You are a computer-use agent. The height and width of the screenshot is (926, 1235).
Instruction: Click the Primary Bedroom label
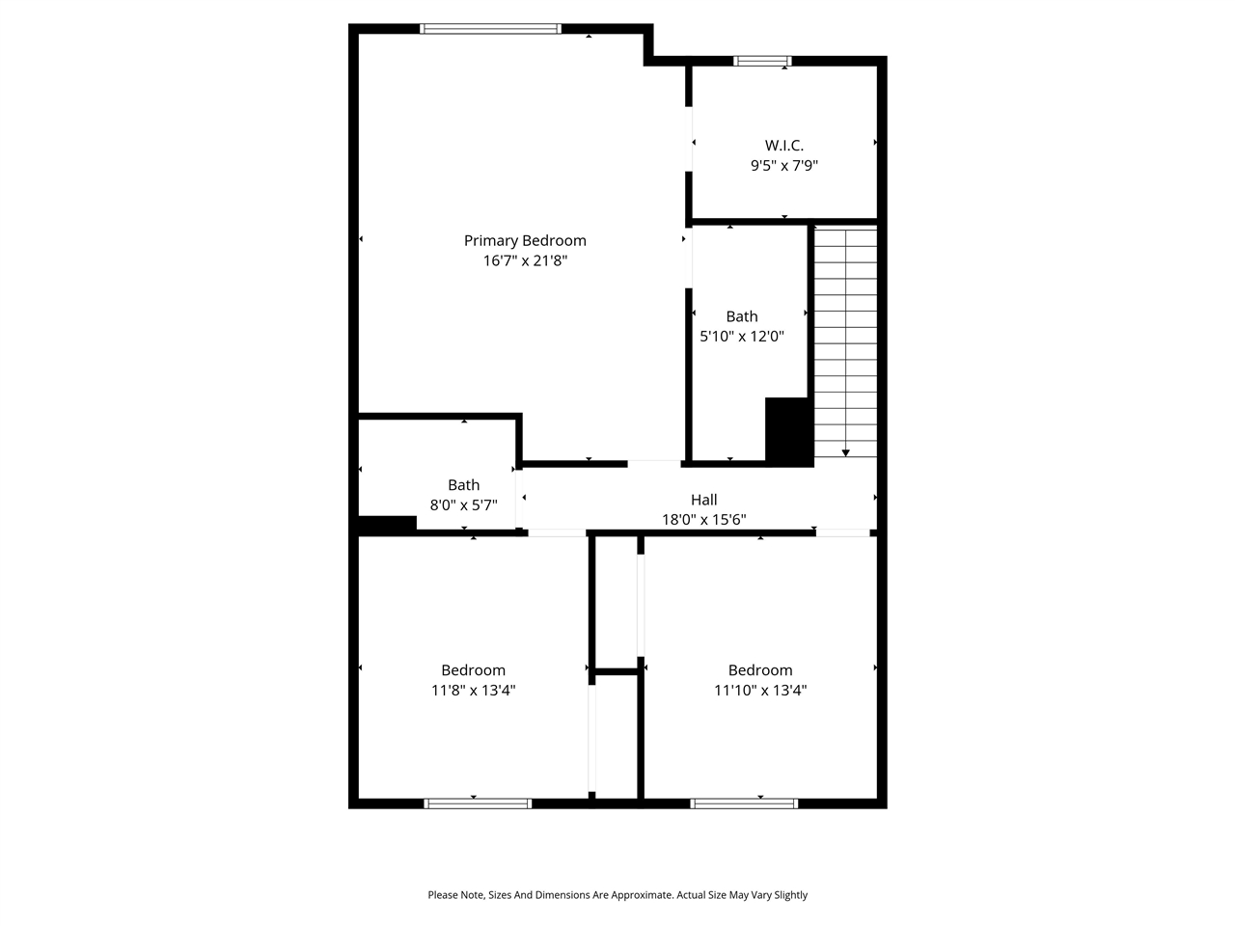point(525,240)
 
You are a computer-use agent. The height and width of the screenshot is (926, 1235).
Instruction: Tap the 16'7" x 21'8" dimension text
point(525,260)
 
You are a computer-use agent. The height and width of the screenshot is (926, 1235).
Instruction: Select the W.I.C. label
point(783,145)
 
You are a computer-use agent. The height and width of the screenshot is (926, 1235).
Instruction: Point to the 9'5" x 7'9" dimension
point(783,165)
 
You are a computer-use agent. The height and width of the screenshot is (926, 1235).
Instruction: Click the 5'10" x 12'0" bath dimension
point(741,337)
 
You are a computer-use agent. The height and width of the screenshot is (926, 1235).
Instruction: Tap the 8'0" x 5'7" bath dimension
point(463,504)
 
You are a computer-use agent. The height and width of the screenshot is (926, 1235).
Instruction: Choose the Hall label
point(703,500)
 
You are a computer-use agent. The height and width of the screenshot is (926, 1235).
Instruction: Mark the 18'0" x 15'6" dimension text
point(703,520)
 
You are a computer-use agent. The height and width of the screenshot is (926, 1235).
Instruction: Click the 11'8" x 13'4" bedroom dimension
point(473,691)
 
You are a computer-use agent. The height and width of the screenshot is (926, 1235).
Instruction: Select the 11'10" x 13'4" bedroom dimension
point(760,691)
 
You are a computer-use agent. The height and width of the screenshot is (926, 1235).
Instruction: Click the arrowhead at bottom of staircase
point(846,451)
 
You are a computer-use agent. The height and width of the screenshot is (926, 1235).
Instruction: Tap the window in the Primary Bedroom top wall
point(490,29)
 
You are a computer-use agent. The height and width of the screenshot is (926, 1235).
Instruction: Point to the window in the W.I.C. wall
point(762,61)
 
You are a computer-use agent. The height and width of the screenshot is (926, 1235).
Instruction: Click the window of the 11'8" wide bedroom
point(478,803)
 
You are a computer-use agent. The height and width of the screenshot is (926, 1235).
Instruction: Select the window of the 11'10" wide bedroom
point(744,803)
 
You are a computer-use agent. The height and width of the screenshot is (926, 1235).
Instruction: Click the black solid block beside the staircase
point(788,431)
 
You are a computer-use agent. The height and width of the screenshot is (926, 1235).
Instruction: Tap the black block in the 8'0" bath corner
point(387,525)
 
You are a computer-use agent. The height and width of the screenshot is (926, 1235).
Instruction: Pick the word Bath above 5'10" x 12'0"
point(741,316)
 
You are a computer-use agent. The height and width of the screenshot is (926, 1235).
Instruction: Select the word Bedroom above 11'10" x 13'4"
point(760,670)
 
